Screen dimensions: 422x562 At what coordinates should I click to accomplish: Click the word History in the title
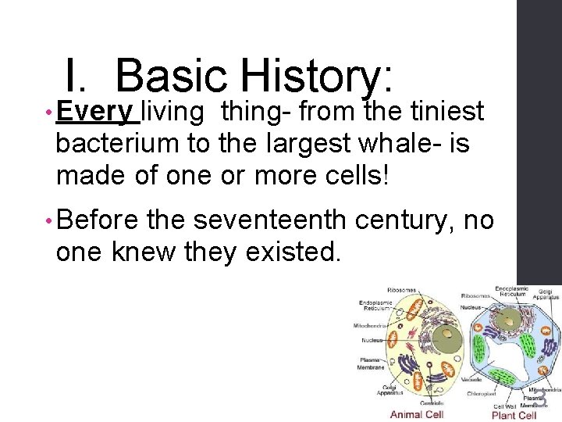312,77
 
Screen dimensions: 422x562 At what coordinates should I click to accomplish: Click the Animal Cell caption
417,414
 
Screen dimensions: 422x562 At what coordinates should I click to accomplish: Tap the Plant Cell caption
514,414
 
